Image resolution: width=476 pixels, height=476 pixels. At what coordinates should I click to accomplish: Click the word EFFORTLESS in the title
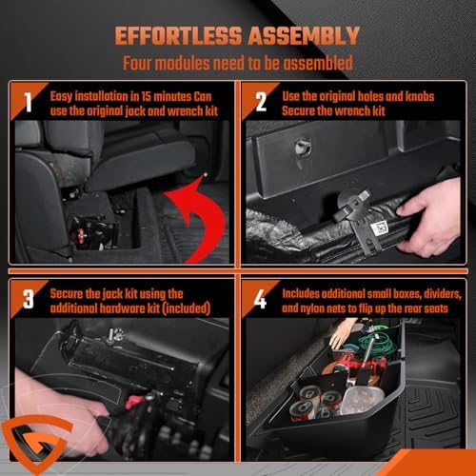[178, 36]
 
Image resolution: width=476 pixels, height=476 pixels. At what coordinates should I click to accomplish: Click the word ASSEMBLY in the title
[304, 36]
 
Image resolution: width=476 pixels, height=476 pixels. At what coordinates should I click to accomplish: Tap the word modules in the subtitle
[183, 63]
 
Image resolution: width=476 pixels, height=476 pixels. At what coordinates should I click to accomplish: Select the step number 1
[29, 102]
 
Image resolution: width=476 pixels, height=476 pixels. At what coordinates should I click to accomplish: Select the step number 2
[261, 102]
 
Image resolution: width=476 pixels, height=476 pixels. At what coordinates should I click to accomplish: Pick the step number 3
[29, 299]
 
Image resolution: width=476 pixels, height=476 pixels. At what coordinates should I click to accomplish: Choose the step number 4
[260, 299]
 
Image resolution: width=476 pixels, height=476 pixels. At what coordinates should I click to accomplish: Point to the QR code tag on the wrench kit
[378, 228]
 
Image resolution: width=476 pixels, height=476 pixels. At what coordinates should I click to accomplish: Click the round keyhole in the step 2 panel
[300, 147]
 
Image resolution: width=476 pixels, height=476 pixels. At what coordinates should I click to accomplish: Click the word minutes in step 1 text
[171, 96]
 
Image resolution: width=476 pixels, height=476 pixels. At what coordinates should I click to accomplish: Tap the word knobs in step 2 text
[420, 96]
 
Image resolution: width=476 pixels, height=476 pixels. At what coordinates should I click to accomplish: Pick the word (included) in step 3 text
[187, 308]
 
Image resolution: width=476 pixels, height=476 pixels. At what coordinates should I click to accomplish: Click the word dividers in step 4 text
[443, 294]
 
